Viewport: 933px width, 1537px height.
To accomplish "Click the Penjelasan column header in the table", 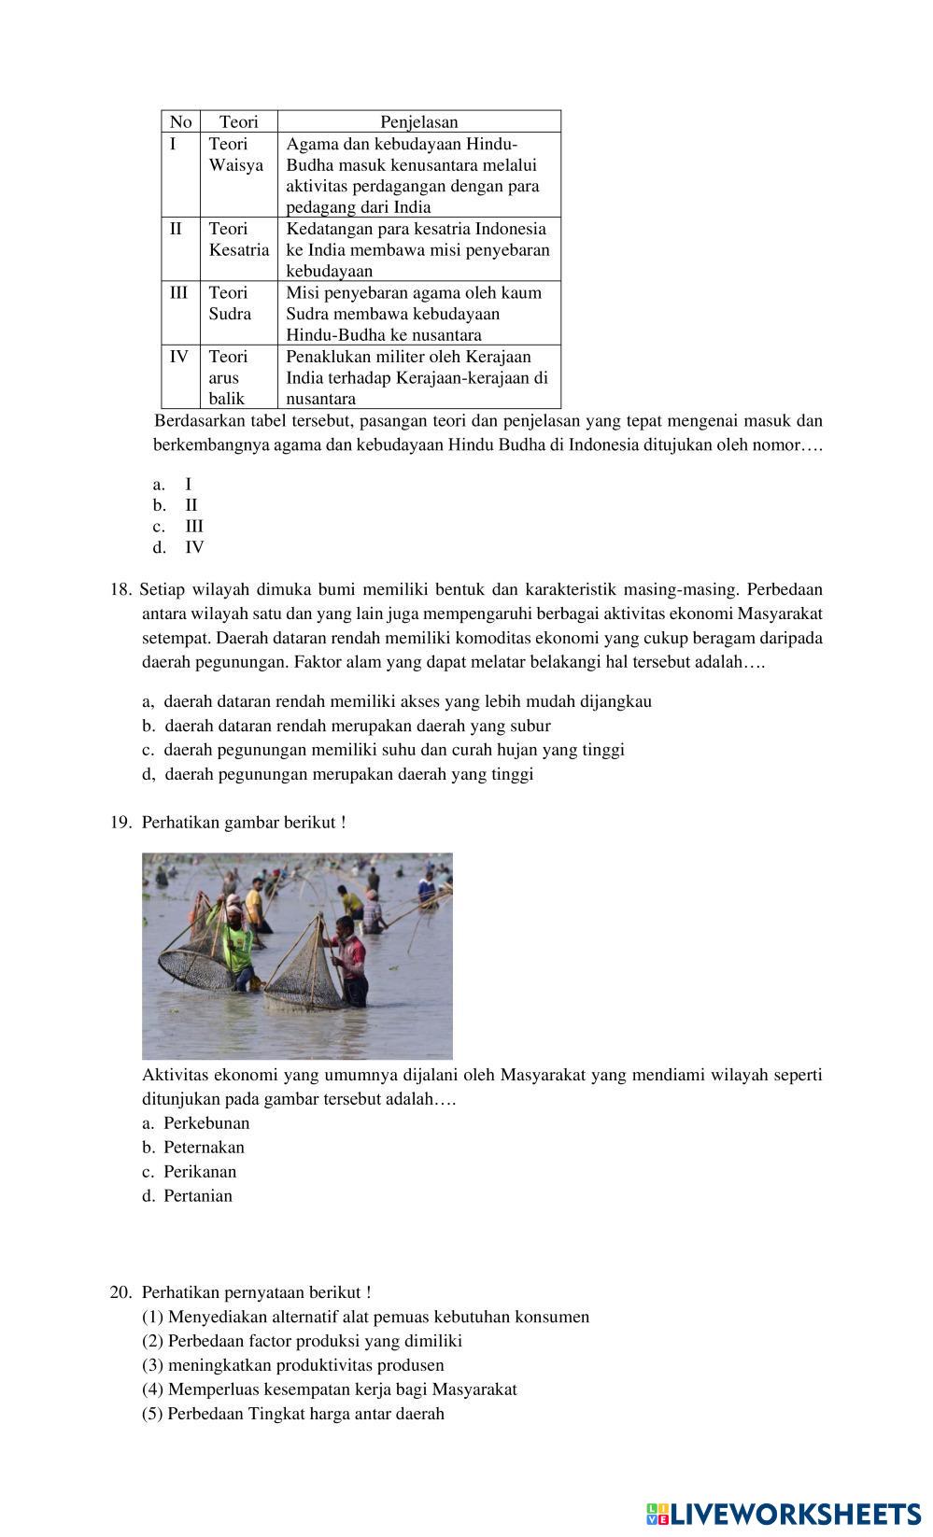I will (418, 121).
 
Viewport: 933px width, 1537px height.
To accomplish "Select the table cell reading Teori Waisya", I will (235, 155).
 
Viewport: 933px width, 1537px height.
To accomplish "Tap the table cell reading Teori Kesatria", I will (238, 239).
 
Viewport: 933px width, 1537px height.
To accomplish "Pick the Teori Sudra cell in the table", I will (230, 303).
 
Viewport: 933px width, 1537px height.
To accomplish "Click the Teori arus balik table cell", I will (227, 377).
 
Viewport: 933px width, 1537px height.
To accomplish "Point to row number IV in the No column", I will (178, 357).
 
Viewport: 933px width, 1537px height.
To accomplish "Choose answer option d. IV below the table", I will (179, 548).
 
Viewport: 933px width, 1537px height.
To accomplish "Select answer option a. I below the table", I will (174, 484).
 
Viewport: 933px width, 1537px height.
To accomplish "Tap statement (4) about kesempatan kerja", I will (330, 1389).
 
